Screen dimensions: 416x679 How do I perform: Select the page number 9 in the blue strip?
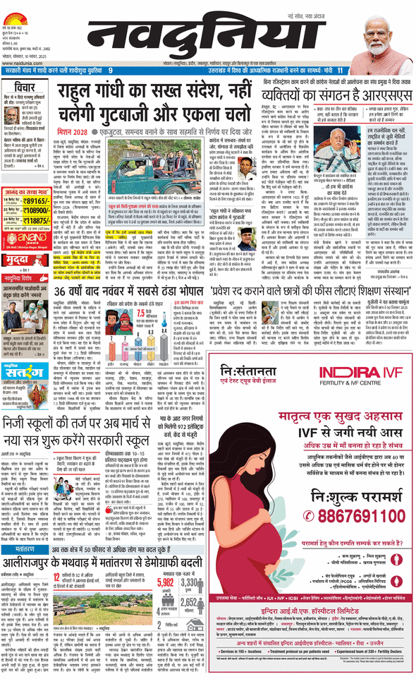point(110,71)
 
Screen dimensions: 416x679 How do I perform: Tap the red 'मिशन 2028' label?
point(73,131)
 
